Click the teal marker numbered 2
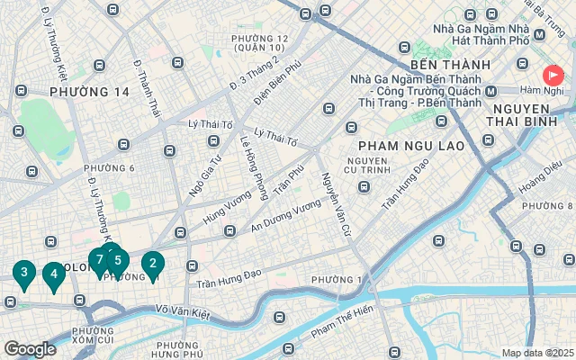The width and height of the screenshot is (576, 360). pyautogui.click(x=153, y=265)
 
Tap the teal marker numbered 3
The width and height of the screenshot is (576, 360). pyautogui.click(x=23, y=273)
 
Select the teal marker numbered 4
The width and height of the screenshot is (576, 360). pyautogui.click(x=53, y=274)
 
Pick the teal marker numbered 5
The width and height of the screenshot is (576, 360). pyautogui.click(x=117, y=261)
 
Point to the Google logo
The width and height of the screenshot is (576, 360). pyautogui.click(x=30, y=349)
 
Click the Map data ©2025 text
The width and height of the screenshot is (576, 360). pyautogui.click(x=537, y=353)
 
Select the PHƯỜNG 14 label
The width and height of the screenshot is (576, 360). pyautogui.click(x=90, y=92)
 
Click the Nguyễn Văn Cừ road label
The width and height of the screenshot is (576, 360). pyautogui.click(x=334, y=199)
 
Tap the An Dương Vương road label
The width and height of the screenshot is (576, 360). pyautogui.click(x=286, y=217)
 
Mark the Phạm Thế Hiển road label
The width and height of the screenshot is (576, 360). pyautogui.click(x=341, y=323)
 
